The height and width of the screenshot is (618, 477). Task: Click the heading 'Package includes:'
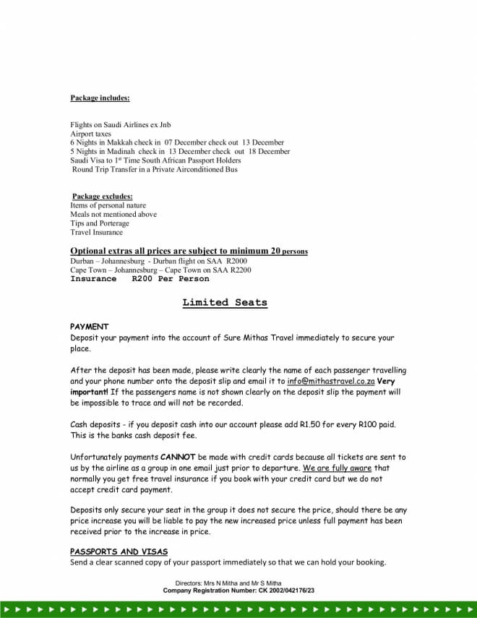pos(100,98)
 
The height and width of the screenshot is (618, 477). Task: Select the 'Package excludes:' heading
pos(103,197)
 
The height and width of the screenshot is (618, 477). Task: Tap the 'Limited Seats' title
pos(225,303)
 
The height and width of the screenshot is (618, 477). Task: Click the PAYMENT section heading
pos(89,327)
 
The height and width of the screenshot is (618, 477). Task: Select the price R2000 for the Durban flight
pos(236,261)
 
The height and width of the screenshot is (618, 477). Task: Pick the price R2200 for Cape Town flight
pos(241,270)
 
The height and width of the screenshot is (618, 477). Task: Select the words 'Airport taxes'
pos(90,134)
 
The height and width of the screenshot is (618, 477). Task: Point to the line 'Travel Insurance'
pos(96,233)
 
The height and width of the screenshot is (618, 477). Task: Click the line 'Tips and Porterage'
pos(100,223)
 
